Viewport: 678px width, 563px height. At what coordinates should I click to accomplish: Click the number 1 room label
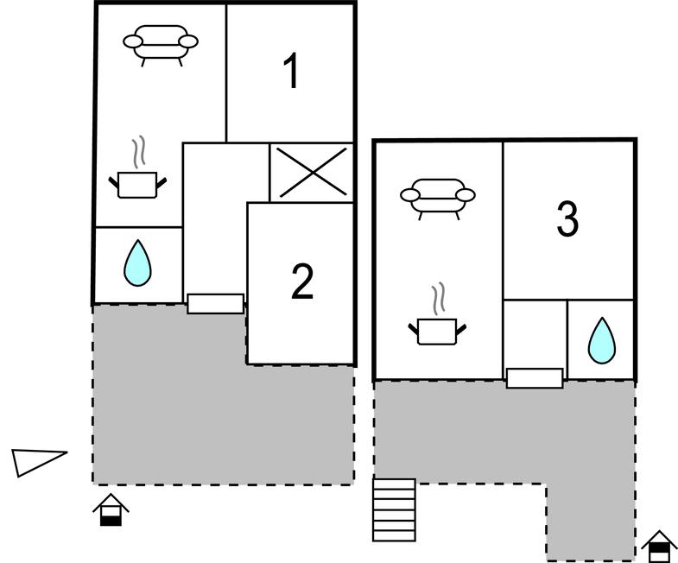pyautogui.click(x=292, y=72)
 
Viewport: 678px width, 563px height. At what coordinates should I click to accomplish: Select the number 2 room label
pyautogui.click(x=301, y=281)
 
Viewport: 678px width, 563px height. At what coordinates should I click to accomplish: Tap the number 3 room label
pyautogui.click(x=567, y=219)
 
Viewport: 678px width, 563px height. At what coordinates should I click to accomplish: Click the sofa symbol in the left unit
pyautogui.click(x=161, y=43)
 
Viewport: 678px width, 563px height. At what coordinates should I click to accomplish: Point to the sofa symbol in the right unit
pyautogui.click(x=438, y=196)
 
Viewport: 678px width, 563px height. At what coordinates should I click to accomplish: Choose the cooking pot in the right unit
pyautogui.click(x=437, y=330)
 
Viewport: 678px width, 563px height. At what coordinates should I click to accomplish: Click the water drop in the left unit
pyautogui.click(x=137, y=263)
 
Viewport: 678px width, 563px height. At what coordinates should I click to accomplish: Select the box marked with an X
pyautogui.click(x=312, y=171)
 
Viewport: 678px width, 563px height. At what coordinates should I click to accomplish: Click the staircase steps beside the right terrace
pyautogui.click(x=394, y=509)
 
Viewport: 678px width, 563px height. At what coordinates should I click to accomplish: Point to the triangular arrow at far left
pyautogui.click(x=38, y=461)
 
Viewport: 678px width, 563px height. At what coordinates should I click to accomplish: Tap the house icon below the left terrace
pyautogui.click(x=111, y=509)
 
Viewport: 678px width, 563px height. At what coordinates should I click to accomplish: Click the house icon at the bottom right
pyautogui.click(x=659, y=546)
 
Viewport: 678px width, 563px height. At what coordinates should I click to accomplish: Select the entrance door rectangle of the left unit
pyautogui.click(x=215, y=303)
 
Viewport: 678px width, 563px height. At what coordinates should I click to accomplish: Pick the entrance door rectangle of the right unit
pyautogui.click(x=534, y=377)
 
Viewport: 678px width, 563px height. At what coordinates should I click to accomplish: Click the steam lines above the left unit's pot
pyautogui.click(x=138, y=152)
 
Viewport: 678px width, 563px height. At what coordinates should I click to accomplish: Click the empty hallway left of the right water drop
pyautogui.click(x=535, y=332)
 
